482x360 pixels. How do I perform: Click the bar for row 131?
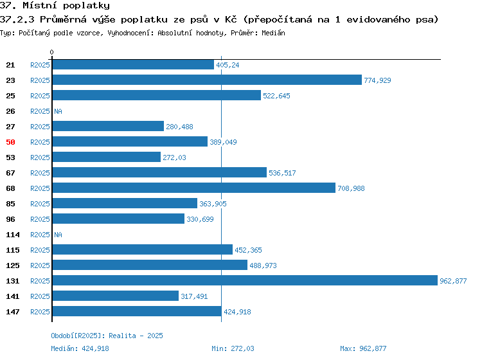245,280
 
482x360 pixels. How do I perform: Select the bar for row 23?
207,80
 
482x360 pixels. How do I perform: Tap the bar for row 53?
106,157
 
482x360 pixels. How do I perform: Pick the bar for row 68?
193,188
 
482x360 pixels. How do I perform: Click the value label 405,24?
228,65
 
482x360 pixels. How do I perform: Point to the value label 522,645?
276,96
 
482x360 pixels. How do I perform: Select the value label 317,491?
194,296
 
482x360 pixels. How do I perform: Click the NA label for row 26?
58,111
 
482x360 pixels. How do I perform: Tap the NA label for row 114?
58,235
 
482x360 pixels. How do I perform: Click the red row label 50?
10,142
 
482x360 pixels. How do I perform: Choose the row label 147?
13,312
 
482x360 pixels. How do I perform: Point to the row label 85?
10,204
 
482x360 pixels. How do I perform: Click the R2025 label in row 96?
40,219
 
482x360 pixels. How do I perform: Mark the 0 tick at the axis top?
51,52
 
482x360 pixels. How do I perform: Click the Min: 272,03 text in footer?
233,348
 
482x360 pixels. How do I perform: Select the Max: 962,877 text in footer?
363,348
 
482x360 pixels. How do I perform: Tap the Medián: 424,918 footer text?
80,348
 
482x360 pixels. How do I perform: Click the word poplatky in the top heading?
86,6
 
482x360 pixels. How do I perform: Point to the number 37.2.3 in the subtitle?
17,20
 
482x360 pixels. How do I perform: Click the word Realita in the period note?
122,336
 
